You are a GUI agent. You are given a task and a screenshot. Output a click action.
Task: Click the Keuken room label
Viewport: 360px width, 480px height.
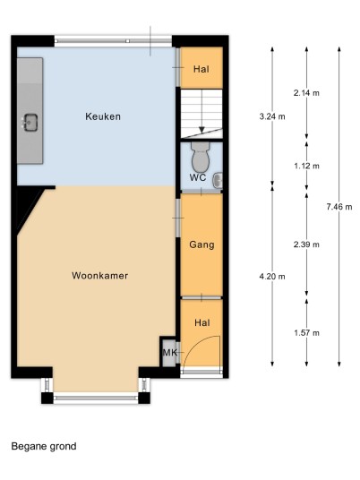pyautogui.click(x=103, y=116)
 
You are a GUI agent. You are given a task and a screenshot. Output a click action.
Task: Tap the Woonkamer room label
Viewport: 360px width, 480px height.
pyautogui.click(x=99, y=276)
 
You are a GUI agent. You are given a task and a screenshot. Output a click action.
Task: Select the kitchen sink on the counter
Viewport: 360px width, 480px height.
pyautogui.click(x=30, y=123)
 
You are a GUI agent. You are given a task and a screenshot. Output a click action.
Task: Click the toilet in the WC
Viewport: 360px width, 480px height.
pyautogui.click(x=201, y=157)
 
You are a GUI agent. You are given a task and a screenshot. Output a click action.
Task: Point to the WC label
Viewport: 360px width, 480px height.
pyautogui.click(x=198, y=177)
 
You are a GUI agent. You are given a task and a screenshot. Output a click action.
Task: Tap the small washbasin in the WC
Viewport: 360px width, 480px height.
pyautogui.click(x=218, y=180)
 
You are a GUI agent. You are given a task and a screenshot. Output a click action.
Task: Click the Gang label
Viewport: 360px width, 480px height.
pyautogui.click(x=201, y=244)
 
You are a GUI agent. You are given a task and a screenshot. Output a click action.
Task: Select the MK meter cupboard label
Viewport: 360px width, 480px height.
pyautogui.click(x=169, y=353)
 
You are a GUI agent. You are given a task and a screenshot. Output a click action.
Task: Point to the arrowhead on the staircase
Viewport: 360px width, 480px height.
pyautogui.click(x=201, y=130)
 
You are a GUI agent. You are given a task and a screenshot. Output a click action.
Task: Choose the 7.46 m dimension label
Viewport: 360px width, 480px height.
pyautogui.click(x=339, y=207)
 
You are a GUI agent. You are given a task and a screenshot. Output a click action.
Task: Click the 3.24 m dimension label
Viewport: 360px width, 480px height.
pyautogui.click(x=272, y=116)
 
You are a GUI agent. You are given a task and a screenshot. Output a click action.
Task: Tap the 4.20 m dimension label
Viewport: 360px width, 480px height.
pyautogui.click(x=272, y=277)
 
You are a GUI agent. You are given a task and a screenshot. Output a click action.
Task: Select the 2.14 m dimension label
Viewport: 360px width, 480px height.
pyautogui.click(x=306, y=93)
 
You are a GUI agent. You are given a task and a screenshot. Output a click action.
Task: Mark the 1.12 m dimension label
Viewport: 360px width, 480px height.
pyautogui.click(x=306, y=166)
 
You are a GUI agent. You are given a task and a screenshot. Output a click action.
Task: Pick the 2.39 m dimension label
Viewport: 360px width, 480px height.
pyautogui.click(x=306, y=244)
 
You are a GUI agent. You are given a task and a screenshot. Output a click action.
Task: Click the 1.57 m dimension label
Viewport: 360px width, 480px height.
pyautogui.click(x=306, y=333)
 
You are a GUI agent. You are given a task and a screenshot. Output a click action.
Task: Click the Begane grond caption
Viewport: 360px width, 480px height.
pyautogui.click(x=44, y=447)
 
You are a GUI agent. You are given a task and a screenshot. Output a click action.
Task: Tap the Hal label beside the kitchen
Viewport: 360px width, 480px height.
pyautogui.click(x=201, y=69)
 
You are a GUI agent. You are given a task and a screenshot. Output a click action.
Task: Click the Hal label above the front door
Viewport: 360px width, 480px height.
pyautogui.click(x=202, y=322)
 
